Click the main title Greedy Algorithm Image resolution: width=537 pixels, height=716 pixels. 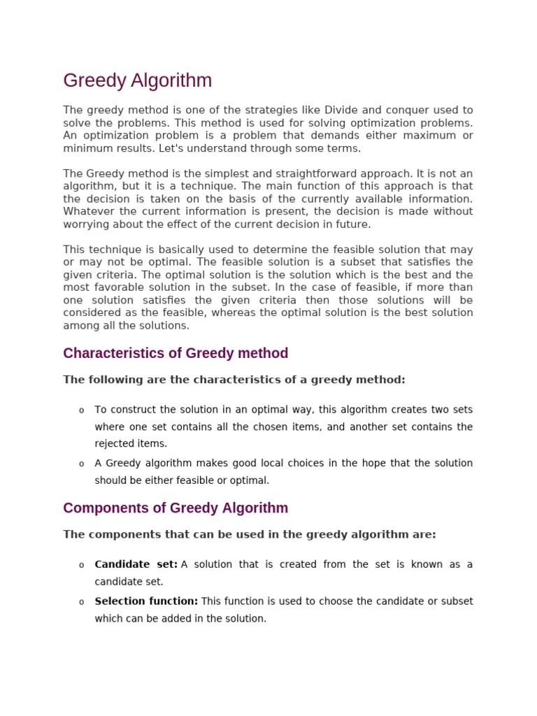[137, 81]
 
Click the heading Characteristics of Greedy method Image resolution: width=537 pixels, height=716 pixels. [176, 353]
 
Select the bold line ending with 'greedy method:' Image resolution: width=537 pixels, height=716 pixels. [234, 380]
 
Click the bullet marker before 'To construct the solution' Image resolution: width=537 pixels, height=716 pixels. [82, 410]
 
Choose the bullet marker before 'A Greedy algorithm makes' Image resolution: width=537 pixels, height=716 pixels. [82, 464]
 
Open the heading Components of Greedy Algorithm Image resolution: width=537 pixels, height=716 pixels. [176, 508]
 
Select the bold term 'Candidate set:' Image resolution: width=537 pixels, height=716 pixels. [136, 564]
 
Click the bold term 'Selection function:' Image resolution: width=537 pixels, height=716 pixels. [146, 601]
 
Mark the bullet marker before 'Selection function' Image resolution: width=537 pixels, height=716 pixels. [82, 602]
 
